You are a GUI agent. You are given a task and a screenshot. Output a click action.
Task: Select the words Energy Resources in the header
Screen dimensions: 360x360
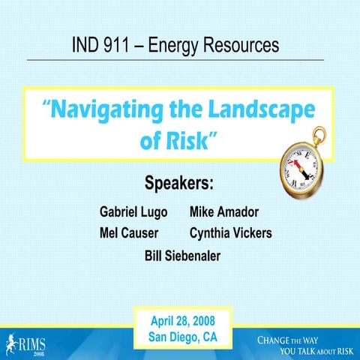coord(214,45)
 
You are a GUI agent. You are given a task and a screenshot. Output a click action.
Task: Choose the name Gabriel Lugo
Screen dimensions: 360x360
coord(133,211)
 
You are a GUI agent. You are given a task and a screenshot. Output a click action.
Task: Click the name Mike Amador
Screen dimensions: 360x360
coord(225,211)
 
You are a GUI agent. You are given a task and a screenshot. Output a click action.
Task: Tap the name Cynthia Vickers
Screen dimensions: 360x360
coord(231,233)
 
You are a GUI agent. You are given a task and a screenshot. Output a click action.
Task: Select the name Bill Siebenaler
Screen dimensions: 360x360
coord(182,256)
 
